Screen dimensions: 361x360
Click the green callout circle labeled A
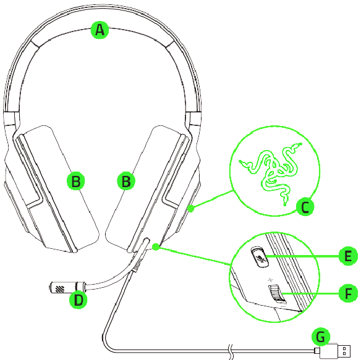(100, 30)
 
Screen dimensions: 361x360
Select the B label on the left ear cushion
(76, 181)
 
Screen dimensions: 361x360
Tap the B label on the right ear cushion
(126, 181)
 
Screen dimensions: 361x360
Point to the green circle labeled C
(305, 207)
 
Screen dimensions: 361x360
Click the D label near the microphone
(79, 299)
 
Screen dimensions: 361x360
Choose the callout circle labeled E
(348, 256)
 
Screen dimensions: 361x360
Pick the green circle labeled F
(348, 293)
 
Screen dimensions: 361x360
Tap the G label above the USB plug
(321, 337)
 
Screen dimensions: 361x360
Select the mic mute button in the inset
(260, 257)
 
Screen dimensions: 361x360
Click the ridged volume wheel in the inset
(276, 293)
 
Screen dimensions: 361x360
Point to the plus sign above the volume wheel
(270, 280)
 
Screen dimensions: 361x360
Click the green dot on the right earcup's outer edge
(190, 209)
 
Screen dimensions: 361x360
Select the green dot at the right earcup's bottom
(156, 247)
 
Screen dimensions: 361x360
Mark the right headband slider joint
(194, 119)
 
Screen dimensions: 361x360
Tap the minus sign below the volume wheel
(283, 306)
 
